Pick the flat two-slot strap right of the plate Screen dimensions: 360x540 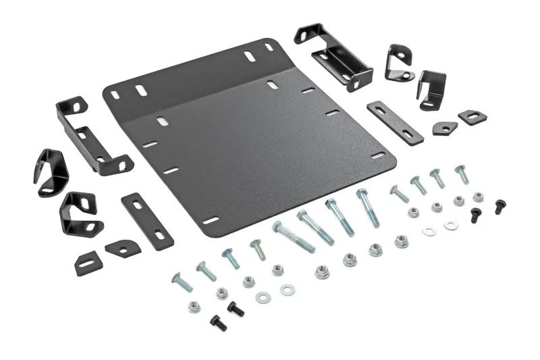click(x=396, y=122)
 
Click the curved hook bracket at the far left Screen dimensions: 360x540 click(x=51, y=172)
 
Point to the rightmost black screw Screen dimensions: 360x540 click(x=500, y=207)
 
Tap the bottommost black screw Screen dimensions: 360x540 click(x=217, y=322)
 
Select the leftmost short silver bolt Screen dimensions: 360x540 click(x=182, y=282)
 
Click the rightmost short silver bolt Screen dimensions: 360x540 click(x=462, y=174)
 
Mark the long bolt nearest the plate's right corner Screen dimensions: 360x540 click(x=369, y=207)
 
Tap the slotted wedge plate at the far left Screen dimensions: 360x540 click(x=88, y=262)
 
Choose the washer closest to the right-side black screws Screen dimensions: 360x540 click(x=451, y=226)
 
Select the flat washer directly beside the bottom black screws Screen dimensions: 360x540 click(x=265, y=295)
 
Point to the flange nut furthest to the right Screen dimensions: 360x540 click(x=479, y=197)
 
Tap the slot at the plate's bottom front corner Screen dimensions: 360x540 click(x=211, y=220)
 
